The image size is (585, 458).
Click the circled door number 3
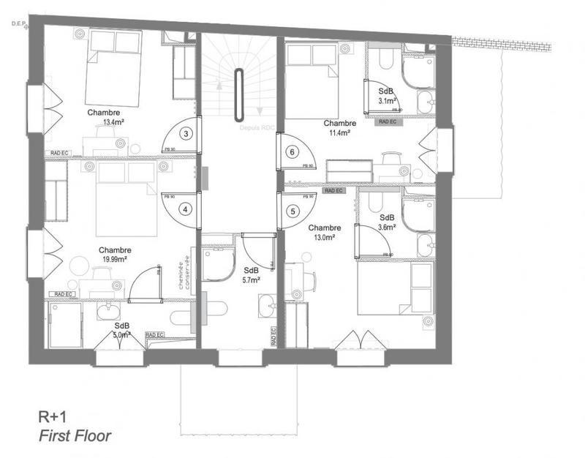coord(186,133)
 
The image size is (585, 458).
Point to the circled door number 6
coord(292,152)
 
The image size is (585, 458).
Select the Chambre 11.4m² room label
coord(339,128)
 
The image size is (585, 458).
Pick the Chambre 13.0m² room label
coord(325,233)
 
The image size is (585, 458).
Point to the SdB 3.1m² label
coord(386,95)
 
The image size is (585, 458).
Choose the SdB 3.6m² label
coord(387,222)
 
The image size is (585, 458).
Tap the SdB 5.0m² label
coord(122,330)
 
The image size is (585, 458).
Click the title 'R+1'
coord(53,416)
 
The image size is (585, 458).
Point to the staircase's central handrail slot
coord(238,95)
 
